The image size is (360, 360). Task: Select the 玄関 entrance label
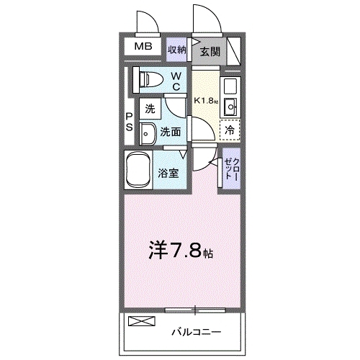210,51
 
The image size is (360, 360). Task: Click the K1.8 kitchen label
204,102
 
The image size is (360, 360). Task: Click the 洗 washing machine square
150,110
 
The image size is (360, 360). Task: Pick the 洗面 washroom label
170,132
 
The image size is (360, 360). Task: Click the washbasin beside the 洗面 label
147,133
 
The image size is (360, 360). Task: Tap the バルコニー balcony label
195,333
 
